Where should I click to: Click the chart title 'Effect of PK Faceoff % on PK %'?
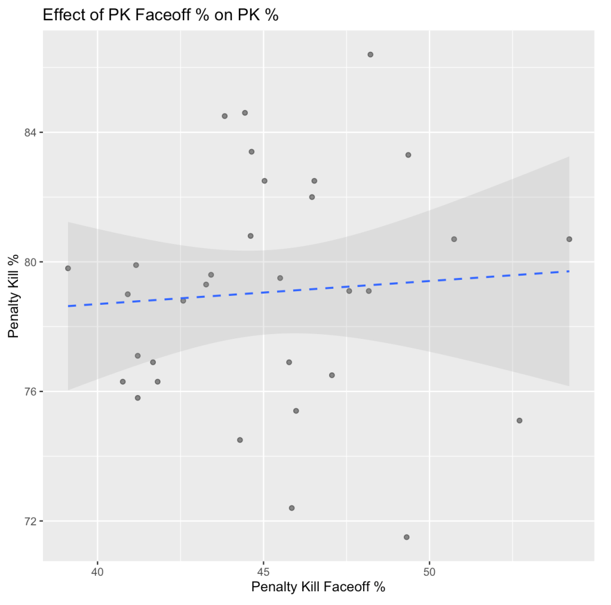click(161, 16)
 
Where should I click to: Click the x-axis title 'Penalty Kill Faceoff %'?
click(318, 587)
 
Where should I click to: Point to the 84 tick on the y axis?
click(30, 132)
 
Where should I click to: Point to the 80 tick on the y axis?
click(30, 262)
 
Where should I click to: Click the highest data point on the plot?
click(370, 54)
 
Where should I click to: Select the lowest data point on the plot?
click(407, 537)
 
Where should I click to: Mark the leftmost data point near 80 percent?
click(68, 268)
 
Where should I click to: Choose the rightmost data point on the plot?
click(569, 239)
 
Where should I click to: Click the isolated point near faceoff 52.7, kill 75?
click(520, 421)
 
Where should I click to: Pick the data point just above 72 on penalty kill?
click(291, 508)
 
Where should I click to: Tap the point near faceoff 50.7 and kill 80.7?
click(454, 239)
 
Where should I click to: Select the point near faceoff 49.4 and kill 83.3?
click(409, 155)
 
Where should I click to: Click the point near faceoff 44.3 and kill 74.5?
click(240, 440)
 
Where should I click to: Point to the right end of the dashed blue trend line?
click(569, 271)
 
